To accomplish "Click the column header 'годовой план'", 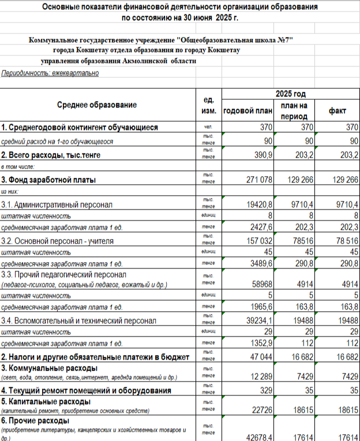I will (x=246, y=110).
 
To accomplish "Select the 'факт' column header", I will (x=337, y=110).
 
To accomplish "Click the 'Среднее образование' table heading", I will (x=97, y=105).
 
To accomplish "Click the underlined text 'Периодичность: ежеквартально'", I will (x=50, y=73).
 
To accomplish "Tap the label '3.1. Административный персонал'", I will (x=57, y=204).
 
